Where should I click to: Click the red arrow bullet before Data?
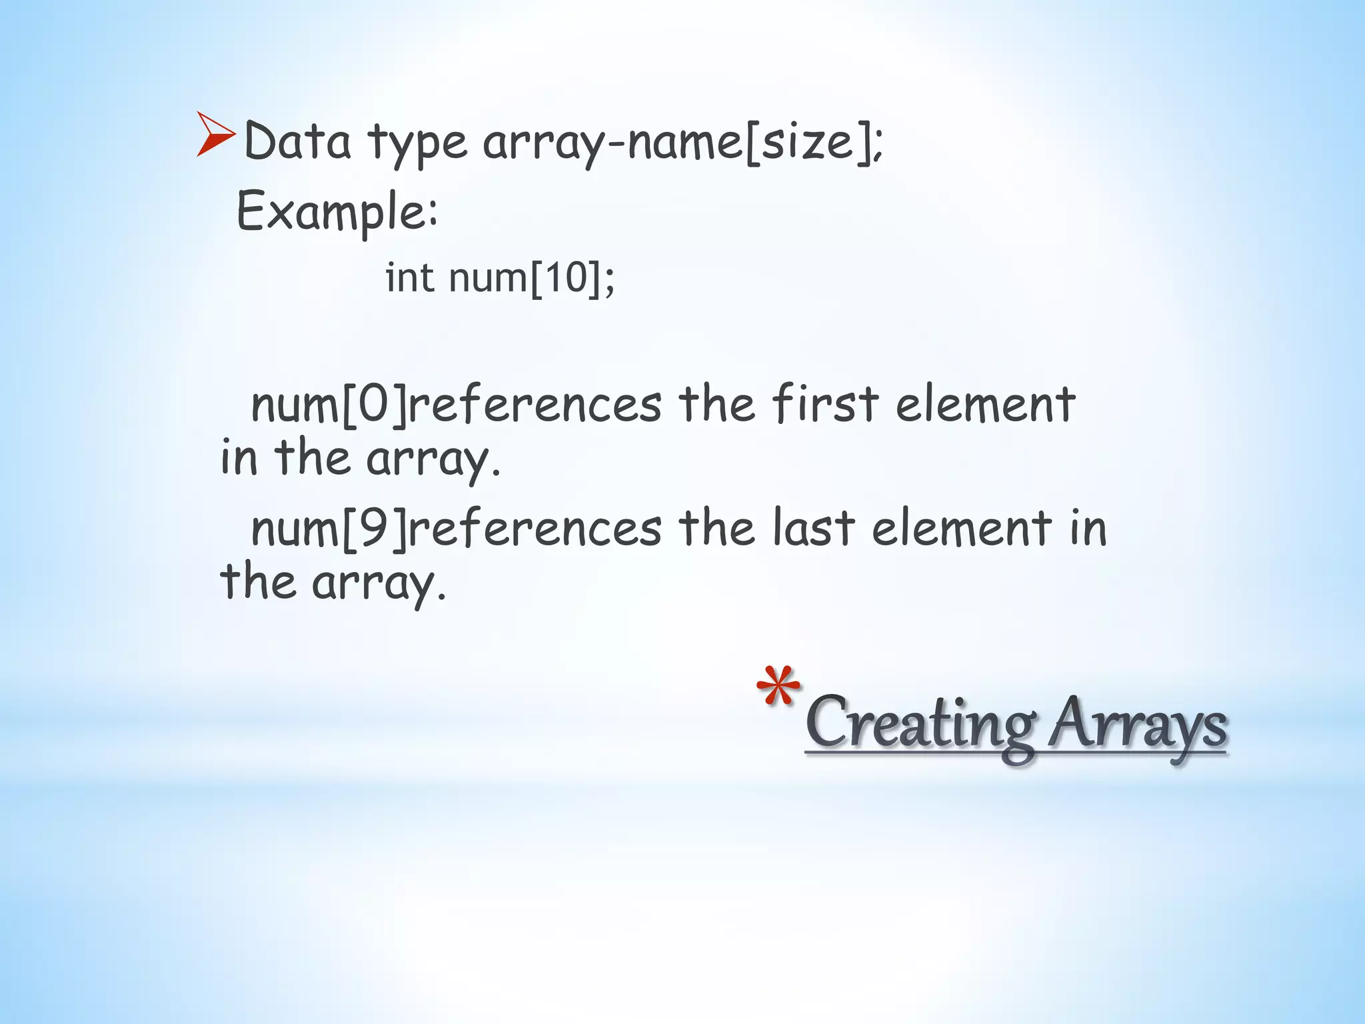click(215, 135)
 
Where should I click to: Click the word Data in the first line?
click(297, 141)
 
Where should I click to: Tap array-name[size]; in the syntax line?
click(683, 143)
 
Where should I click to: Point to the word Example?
click(337, 212)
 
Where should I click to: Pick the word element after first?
click(985, 405)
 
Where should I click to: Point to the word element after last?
click(961, 529)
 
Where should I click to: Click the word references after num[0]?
click(535, 405)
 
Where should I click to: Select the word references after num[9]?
click(535, 529)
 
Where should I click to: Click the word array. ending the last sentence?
click(379, 583)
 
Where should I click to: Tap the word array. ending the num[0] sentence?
click(433, 459)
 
